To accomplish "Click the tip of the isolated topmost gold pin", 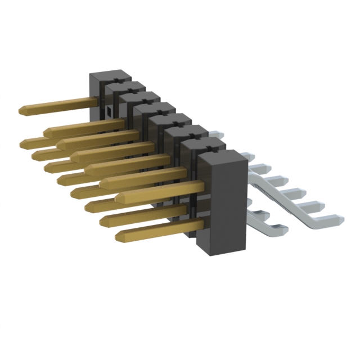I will [21, 108].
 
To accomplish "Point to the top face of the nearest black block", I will [220, 156].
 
